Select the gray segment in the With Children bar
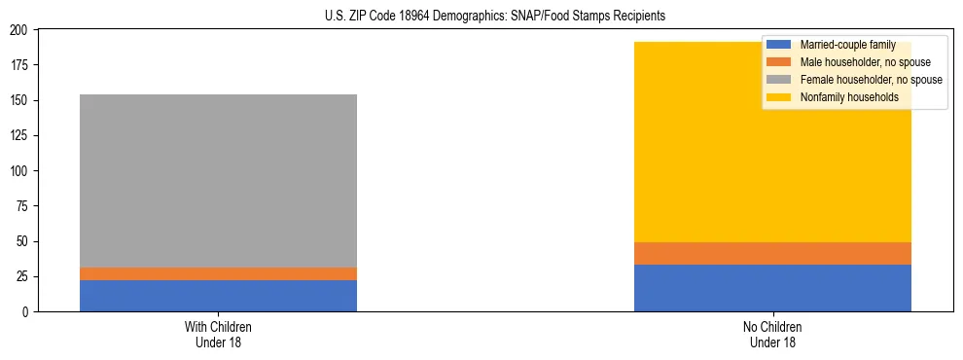point(218,180)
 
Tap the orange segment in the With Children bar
point(218,273)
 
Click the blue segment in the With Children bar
point(218,296)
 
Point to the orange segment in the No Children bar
point(772,253)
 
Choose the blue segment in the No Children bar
point(772,288)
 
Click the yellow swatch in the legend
point(779,97)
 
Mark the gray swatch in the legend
point(779,80)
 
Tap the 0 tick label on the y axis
point(27,311)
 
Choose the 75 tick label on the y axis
point(24,206)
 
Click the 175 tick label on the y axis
point(21,65)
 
